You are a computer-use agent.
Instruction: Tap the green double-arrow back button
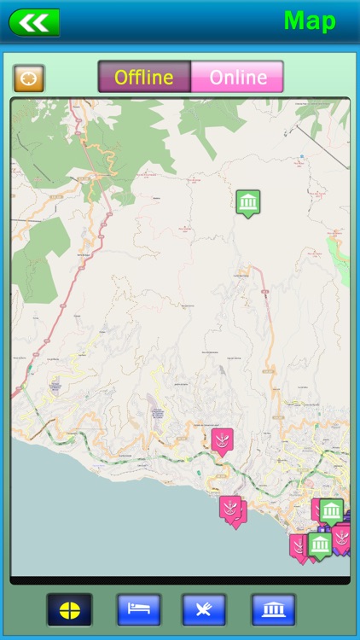(x=34, y=22)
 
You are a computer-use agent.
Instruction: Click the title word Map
(x=310, y=20)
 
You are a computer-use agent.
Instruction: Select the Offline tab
(x=144, y=77)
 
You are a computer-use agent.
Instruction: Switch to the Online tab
(x=237, y=77)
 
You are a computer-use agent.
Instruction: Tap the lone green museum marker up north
(x=248, y=202)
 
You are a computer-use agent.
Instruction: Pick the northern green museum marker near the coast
(x=332, y=510)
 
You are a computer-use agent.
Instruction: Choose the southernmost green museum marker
(x=321, y=544)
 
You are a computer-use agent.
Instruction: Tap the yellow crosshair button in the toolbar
(x=69, y=609)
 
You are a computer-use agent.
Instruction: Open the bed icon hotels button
(x=138, y=609)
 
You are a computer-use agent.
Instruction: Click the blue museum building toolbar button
(x=273, y=609)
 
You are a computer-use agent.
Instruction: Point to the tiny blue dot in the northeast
(x=301, y=157)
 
